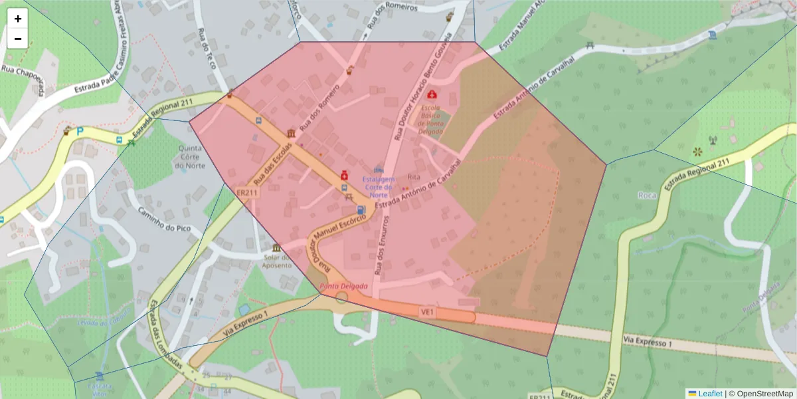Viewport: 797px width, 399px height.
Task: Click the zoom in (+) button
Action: [x=18, y=19]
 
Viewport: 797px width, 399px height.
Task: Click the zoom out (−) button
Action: [x=18, y=39]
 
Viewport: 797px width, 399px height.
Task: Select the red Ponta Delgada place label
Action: [x=343, y=286]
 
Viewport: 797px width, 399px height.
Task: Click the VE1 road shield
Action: [x=426, y=311]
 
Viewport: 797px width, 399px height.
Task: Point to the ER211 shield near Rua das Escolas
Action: [x=246, y=193]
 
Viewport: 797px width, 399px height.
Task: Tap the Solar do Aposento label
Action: [x=276, y=261]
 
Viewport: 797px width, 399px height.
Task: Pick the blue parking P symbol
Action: [x=80, y=131]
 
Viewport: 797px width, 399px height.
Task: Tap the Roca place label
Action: [x=646, y=195]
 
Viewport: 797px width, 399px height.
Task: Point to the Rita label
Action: [x=414, y=178]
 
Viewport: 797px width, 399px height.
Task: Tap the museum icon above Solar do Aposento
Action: [x=276, y=248]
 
